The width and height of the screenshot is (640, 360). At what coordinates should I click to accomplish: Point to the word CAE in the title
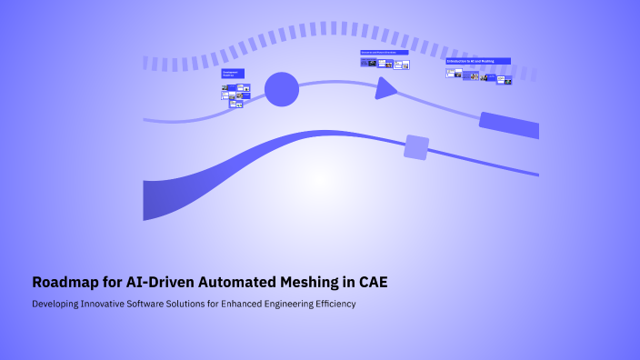coord(373,282)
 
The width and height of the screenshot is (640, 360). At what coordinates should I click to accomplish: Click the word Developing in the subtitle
coord(56,304)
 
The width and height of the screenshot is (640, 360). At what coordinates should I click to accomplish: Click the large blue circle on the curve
coord(282,89)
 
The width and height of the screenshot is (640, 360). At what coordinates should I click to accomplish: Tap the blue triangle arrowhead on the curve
coord(385,87)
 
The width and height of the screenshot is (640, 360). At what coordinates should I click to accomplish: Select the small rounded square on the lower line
coord(416,147)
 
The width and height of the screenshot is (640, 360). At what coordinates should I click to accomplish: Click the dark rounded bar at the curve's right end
coord(509,125)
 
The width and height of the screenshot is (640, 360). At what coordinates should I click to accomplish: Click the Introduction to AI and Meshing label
coord(477,61)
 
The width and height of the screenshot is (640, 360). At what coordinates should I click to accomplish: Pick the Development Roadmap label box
coord(233,74)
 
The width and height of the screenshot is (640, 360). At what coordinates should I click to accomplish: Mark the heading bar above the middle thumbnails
coord(385,53)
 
